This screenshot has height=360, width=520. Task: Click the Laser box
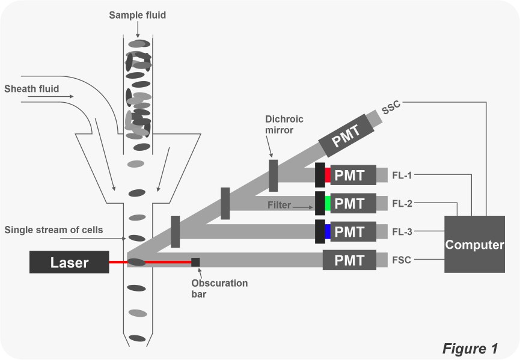click(x=69, y=263)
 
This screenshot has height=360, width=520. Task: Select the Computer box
click(x=474, y=245)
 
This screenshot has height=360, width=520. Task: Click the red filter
click(x=328, y=175)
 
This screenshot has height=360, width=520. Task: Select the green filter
click(x=328, y=204)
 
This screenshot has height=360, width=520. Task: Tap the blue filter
click(x=328, y=231)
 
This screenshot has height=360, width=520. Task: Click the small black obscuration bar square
click(x=195, y=262)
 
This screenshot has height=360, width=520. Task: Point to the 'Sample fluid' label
click(x=138, y=15)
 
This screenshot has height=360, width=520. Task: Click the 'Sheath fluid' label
click(x=32, y=89)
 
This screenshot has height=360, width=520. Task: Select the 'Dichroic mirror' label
click(x=284, y=124)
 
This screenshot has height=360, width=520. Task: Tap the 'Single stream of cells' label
click(x=54, y=230)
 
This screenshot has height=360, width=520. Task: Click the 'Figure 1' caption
click(x=470, y=349)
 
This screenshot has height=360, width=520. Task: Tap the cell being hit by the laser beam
click(x=138, y=262)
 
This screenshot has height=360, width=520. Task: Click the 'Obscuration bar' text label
click(x=219, y=288)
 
